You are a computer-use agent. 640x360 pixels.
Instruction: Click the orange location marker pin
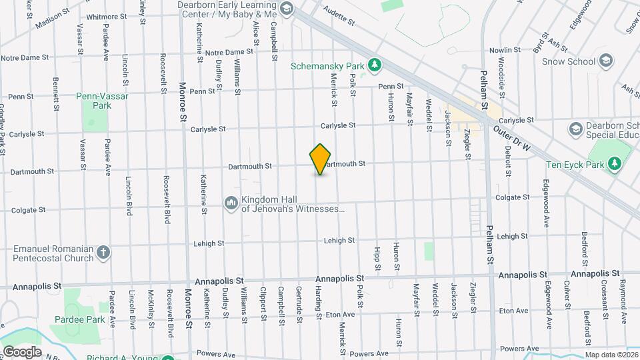tap(321, 159)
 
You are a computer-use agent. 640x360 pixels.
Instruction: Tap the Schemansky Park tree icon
tap(375, 65)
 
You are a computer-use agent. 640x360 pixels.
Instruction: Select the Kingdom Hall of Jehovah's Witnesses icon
tap(231, 202)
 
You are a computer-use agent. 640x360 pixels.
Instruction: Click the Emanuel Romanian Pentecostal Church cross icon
tap(103, 253)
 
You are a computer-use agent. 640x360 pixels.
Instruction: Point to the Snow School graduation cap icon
tap(605, 61)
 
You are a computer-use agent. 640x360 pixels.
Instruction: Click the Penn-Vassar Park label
tap(102, 101)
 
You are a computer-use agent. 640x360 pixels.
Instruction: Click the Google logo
tap(22, 352)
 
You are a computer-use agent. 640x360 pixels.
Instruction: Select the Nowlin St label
tap(504, 51)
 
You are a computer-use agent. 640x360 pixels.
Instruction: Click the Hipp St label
tap(377, 257)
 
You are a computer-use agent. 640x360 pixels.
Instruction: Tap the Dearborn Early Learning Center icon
tap(287, 9)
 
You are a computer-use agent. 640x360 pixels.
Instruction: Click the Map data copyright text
tap(611, 355)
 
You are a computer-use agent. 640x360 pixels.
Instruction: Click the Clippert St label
tap(263, 303)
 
